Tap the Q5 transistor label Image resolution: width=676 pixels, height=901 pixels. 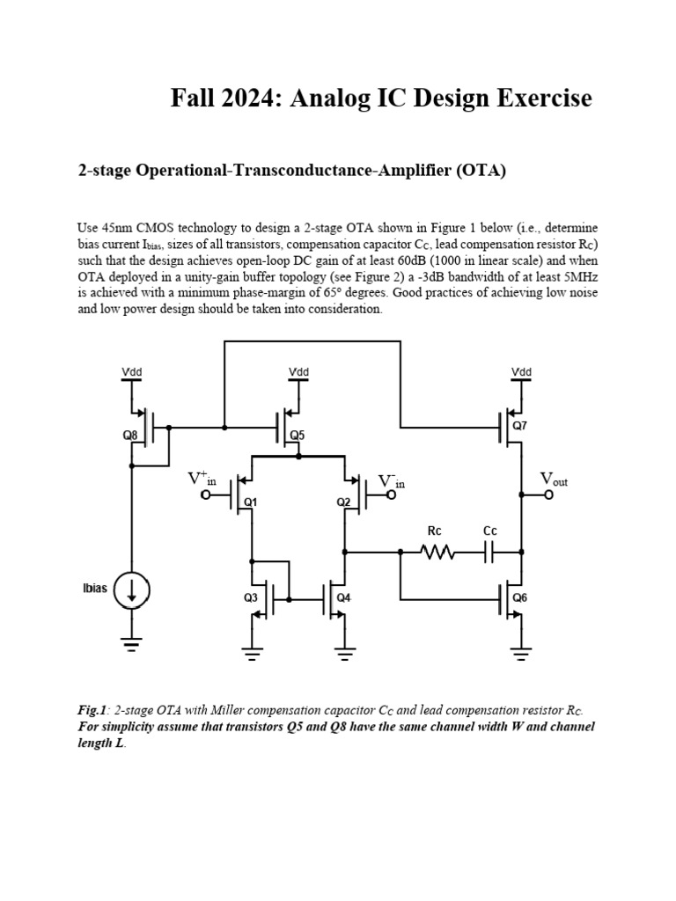coord(298,435)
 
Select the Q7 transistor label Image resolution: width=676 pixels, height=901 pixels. coord(519,425)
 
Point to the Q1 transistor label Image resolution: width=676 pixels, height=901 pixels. coord(250,502)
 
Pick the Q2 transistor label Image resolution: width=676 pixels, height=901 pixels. coord(344,502)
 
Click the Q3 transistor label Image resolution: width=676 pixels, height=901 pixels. coord(251,597)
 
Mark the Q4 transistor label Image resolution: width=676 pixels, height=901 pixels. coord(344,597)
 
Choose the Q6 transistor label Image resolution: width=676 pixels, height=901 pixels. coord(519,597)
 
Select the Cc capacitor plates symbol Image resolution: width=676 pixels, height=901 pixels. coord(490,553)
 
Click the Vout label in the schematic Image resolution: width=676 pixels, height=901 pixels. coord(554,480)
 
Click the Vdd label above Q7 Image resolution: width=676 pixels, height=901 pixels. coord(521,372)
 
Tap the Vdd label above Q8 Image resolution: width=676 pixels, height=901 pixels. coord(132,372)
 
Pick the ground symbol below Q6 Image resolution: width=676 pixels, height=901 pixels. coord(521,653)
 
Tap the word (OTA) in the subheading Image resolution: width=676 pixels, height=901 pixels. coord(481,171)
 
